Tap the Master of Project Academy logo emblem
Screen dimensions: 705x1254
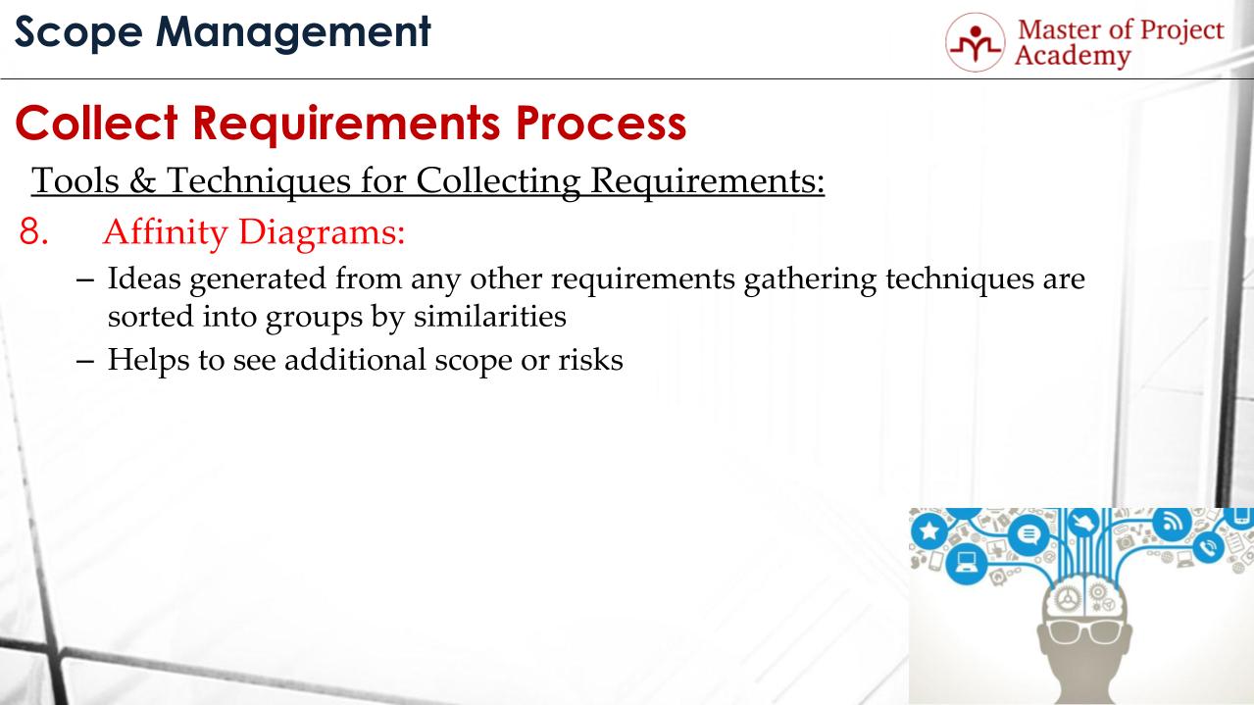(976, 42)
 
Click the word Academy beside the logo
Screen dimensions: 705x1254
(1072, 56)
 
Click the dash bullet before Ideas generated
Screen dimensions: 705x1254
(85, 279)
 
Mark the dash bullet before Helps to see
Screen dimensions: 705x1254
(85, 359)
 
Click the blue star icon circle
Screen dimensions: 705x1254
(928, 531)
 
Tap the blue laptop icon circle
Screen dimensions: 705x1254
(968, 564)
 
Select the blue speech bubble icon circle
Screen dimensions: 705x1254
(1028, 535)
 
